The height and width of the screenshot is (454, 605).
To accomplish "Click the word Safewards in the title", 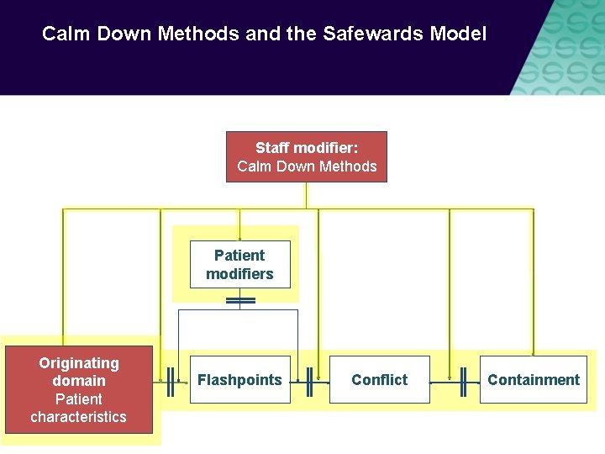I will pos(384,34).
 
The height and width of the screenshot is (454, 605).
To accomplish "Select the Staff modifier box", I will pos(307,156).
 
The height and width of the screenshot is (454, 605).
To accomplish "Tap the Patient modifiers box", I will pos(239,265).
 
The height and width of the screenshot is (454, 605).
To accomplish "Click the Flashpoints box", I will pos(239,380).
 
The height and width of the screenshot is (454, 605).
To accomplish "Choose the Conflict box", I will pos(379,380).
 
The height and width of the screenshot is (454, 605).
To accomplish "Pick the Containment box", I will pos(533,380).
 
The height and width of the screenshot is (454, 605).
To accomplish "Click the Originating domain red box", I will pos(79,389).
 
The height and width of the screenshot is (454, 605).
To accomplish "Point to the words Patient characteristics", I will pos(79,408).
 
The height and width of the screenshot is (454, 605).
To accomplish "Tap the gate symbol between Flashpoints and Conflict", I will pos(309,381).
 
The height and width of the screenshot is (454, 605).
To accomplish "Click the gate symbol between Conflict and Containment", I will pos(462,381).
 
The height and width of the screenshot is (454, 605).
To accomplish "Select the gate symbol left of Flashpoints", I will pos(171,381).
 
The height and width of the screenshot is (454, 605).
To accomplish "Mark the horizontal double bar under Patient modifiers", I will pos(240,299).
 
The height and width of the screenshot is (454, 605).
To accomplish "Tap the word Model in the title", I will pos(458,34).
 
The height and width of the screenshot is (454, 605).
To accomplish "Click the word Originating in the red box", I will pos(79,363).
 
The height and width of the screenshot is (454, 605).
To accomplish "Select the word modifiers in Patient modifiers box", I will pos(239,274).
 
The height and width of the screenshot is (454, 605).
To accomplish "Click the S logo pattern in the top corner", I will pos(563,46).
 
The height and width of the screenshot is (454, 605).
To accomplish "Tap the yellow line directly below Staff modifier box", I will pos(307,195).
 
